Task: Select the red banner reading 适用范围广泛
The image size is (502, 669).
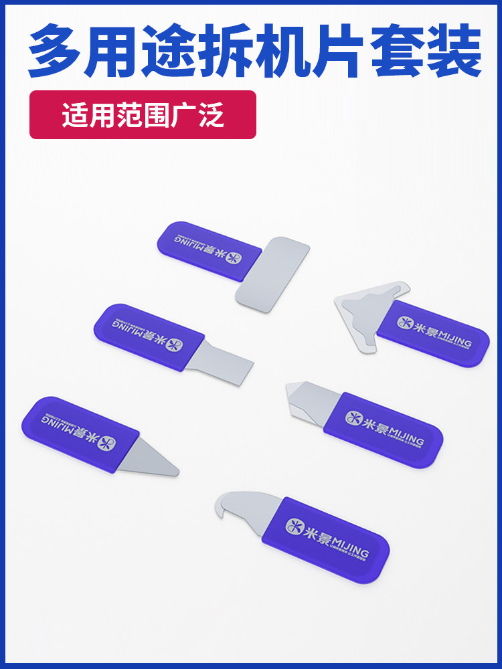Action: pyautogui.click(x=143, y=114)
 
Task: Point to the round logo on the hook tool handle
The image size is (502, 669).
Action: pyautogui.click(x=295, y=525)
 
